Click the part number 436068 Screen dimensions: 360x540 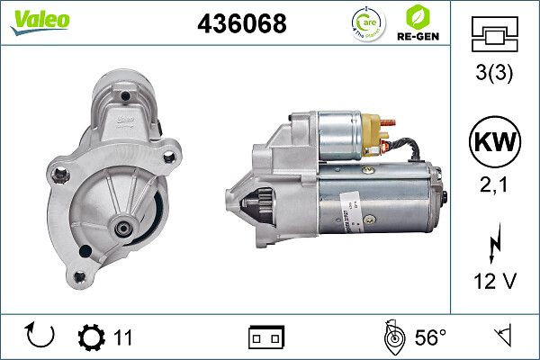pyautogui.click(x=241, y=24)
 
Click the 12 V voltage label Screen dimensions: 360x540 pyautogui.click(x=494, y=282)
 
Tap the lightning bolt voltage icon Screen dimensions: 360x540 pyautogui.click(x=494, y=244)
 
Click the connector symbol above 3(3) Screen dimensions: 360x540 pyautogui.click(x=494, y=36)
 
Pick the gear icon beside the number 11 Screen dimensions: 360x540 pyautogui.click(x=92, y=337)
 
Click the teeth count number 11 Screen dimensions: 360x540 pyautogui.click(x=123, y=337)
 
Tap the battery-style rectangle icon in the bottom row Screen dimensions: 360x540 pyautogui.click(x=265, y=337)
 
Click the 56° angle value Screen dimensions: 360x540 pyautogui.click(x=430, y=337)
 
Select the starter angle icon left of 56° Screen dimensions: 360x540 pyautogui.click(x=393, y=337)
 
